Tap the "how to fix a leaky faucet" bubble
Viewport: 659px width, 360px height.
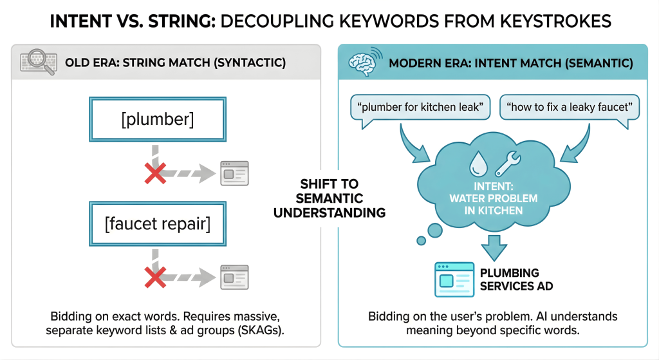[570, 107]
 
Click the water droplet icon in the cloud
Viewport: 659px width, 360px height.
[478, 164]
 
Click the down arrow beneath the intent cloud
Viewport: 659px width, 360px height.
[495, 247]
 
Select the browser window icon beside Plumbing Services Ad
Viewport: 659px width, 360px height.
[454, 279]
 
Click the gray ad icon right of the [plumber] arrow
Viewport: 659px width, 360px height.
[234, 173]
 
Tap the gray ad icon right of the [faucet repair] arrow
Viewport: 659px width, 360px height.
[234, 278]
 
